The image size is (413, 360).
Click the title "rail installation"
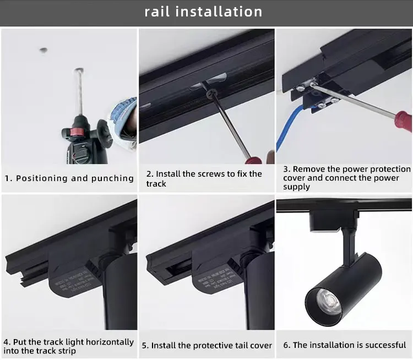tap(203, 12)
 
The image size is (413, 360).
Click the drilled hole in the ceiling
tap(43, 50)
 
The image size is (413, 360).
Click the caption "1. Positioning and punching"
tap(69, 178)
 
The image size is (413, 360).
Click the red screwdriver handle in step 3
tap(403, 121)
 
